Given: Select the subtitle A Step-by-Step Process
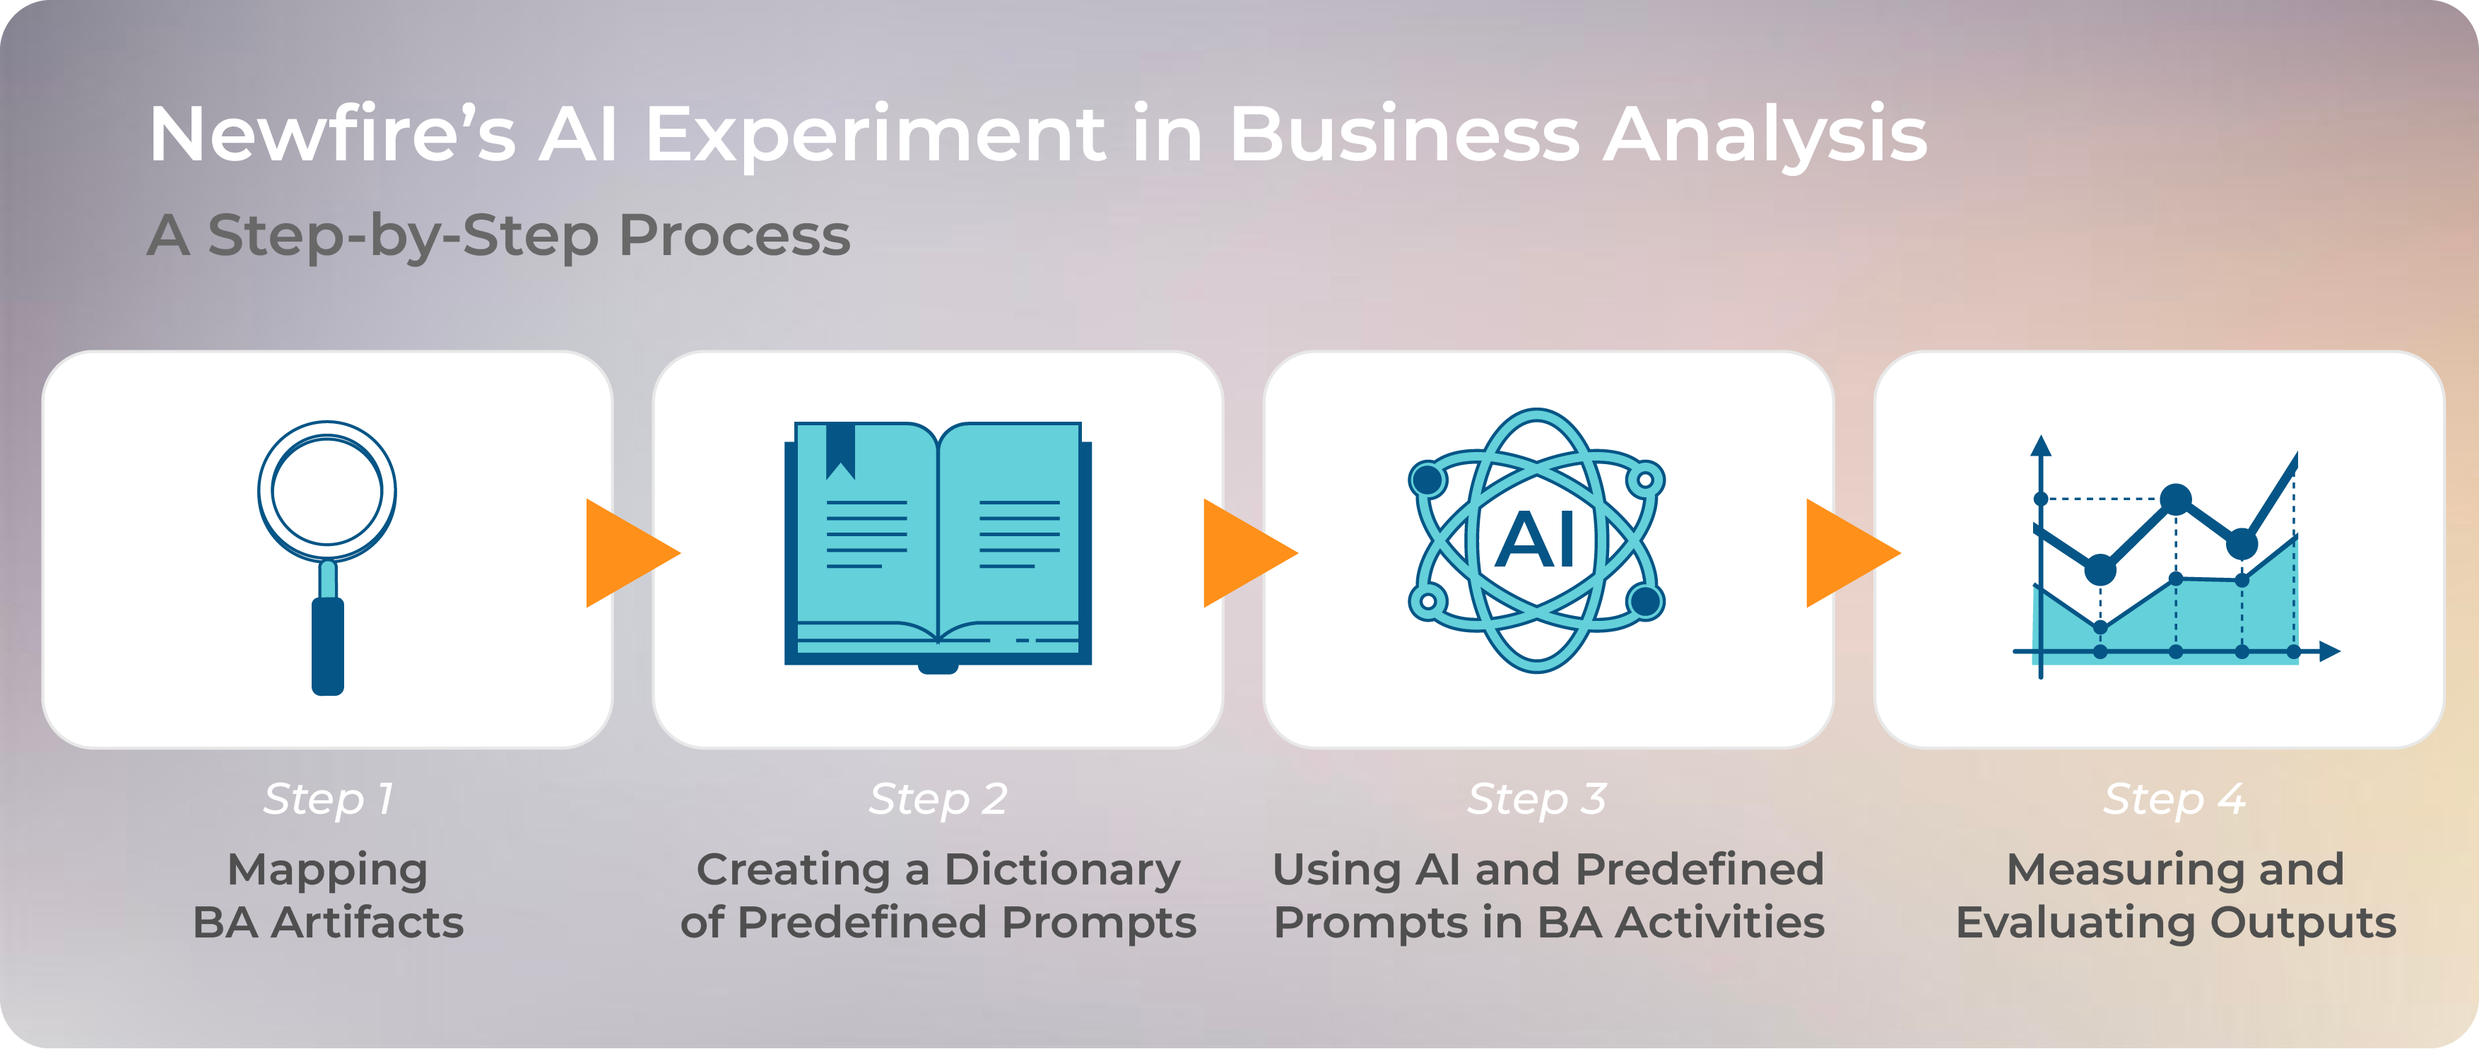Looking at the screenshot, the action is [x=498, y=236].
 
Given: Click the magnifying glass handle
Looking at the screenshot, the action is [x=328, y=645].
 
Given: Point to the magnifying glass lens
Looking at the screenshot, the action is [x=327, y=491].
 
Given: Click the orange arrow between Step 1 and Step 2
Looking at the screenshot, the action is [x=630, y=552].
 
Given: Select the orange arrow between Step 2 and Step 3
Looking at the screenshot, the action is [x=1248, y=552].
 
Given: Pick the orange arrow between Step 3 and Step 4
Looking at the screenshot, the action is [x=1851, y=552].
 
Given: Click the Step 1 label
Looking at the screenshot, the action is [x=328, y=799].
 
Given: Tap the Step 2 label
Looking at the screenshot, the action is [x=938, y=799].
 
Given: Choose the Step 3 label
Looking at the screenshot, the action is [x=1537, y=799].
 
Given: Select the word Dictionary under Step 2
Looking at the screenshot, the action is [x=1061, y=871].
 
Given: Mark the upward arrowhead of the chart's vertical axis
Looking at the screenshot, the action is [x=2041, y=446].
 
